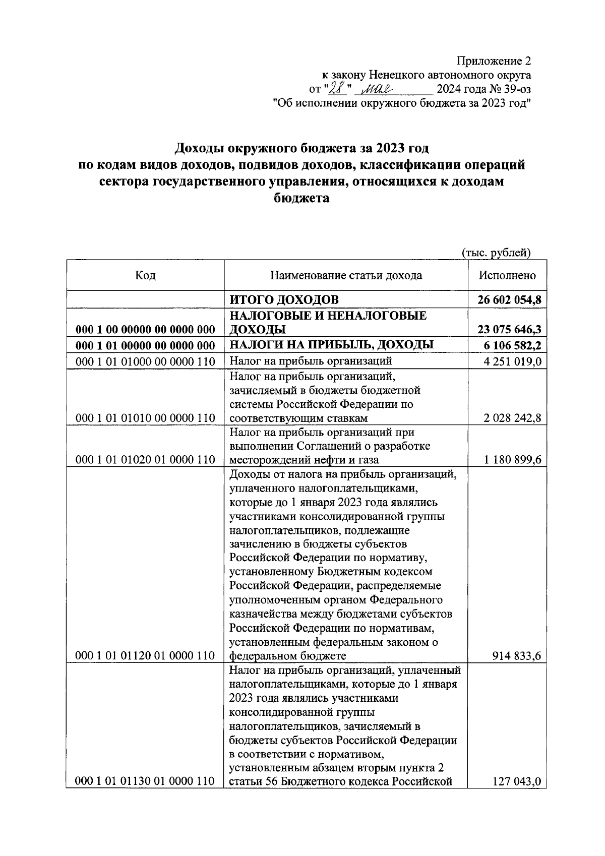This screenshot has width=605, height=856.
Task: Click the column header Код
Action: tap(145, 275)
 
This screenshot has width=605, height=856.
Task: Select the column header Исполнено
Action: tap(507, 275)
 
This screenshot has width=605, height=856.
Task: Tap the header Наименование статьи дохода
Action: tap(346, 275)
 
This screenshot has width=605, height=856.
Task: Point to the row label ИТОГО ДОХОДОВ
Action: tap(284, 300)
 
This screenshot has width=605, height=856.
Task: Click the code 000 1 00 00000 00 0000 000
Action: tap(145, 330)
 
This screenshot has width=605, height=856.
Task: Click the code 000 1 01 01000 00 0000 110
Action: tap(145, 361)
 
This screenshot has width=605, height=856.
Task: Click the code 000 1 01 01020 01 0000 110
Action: tap(145, 460)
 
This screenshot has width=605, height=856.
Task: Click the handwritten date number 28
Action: tap(336, 89)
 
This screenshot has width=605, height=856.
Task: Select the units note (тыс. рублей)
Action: tap(497, 253)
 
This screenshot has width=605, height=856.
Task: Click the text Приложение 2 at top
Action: tap(494, 62)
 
